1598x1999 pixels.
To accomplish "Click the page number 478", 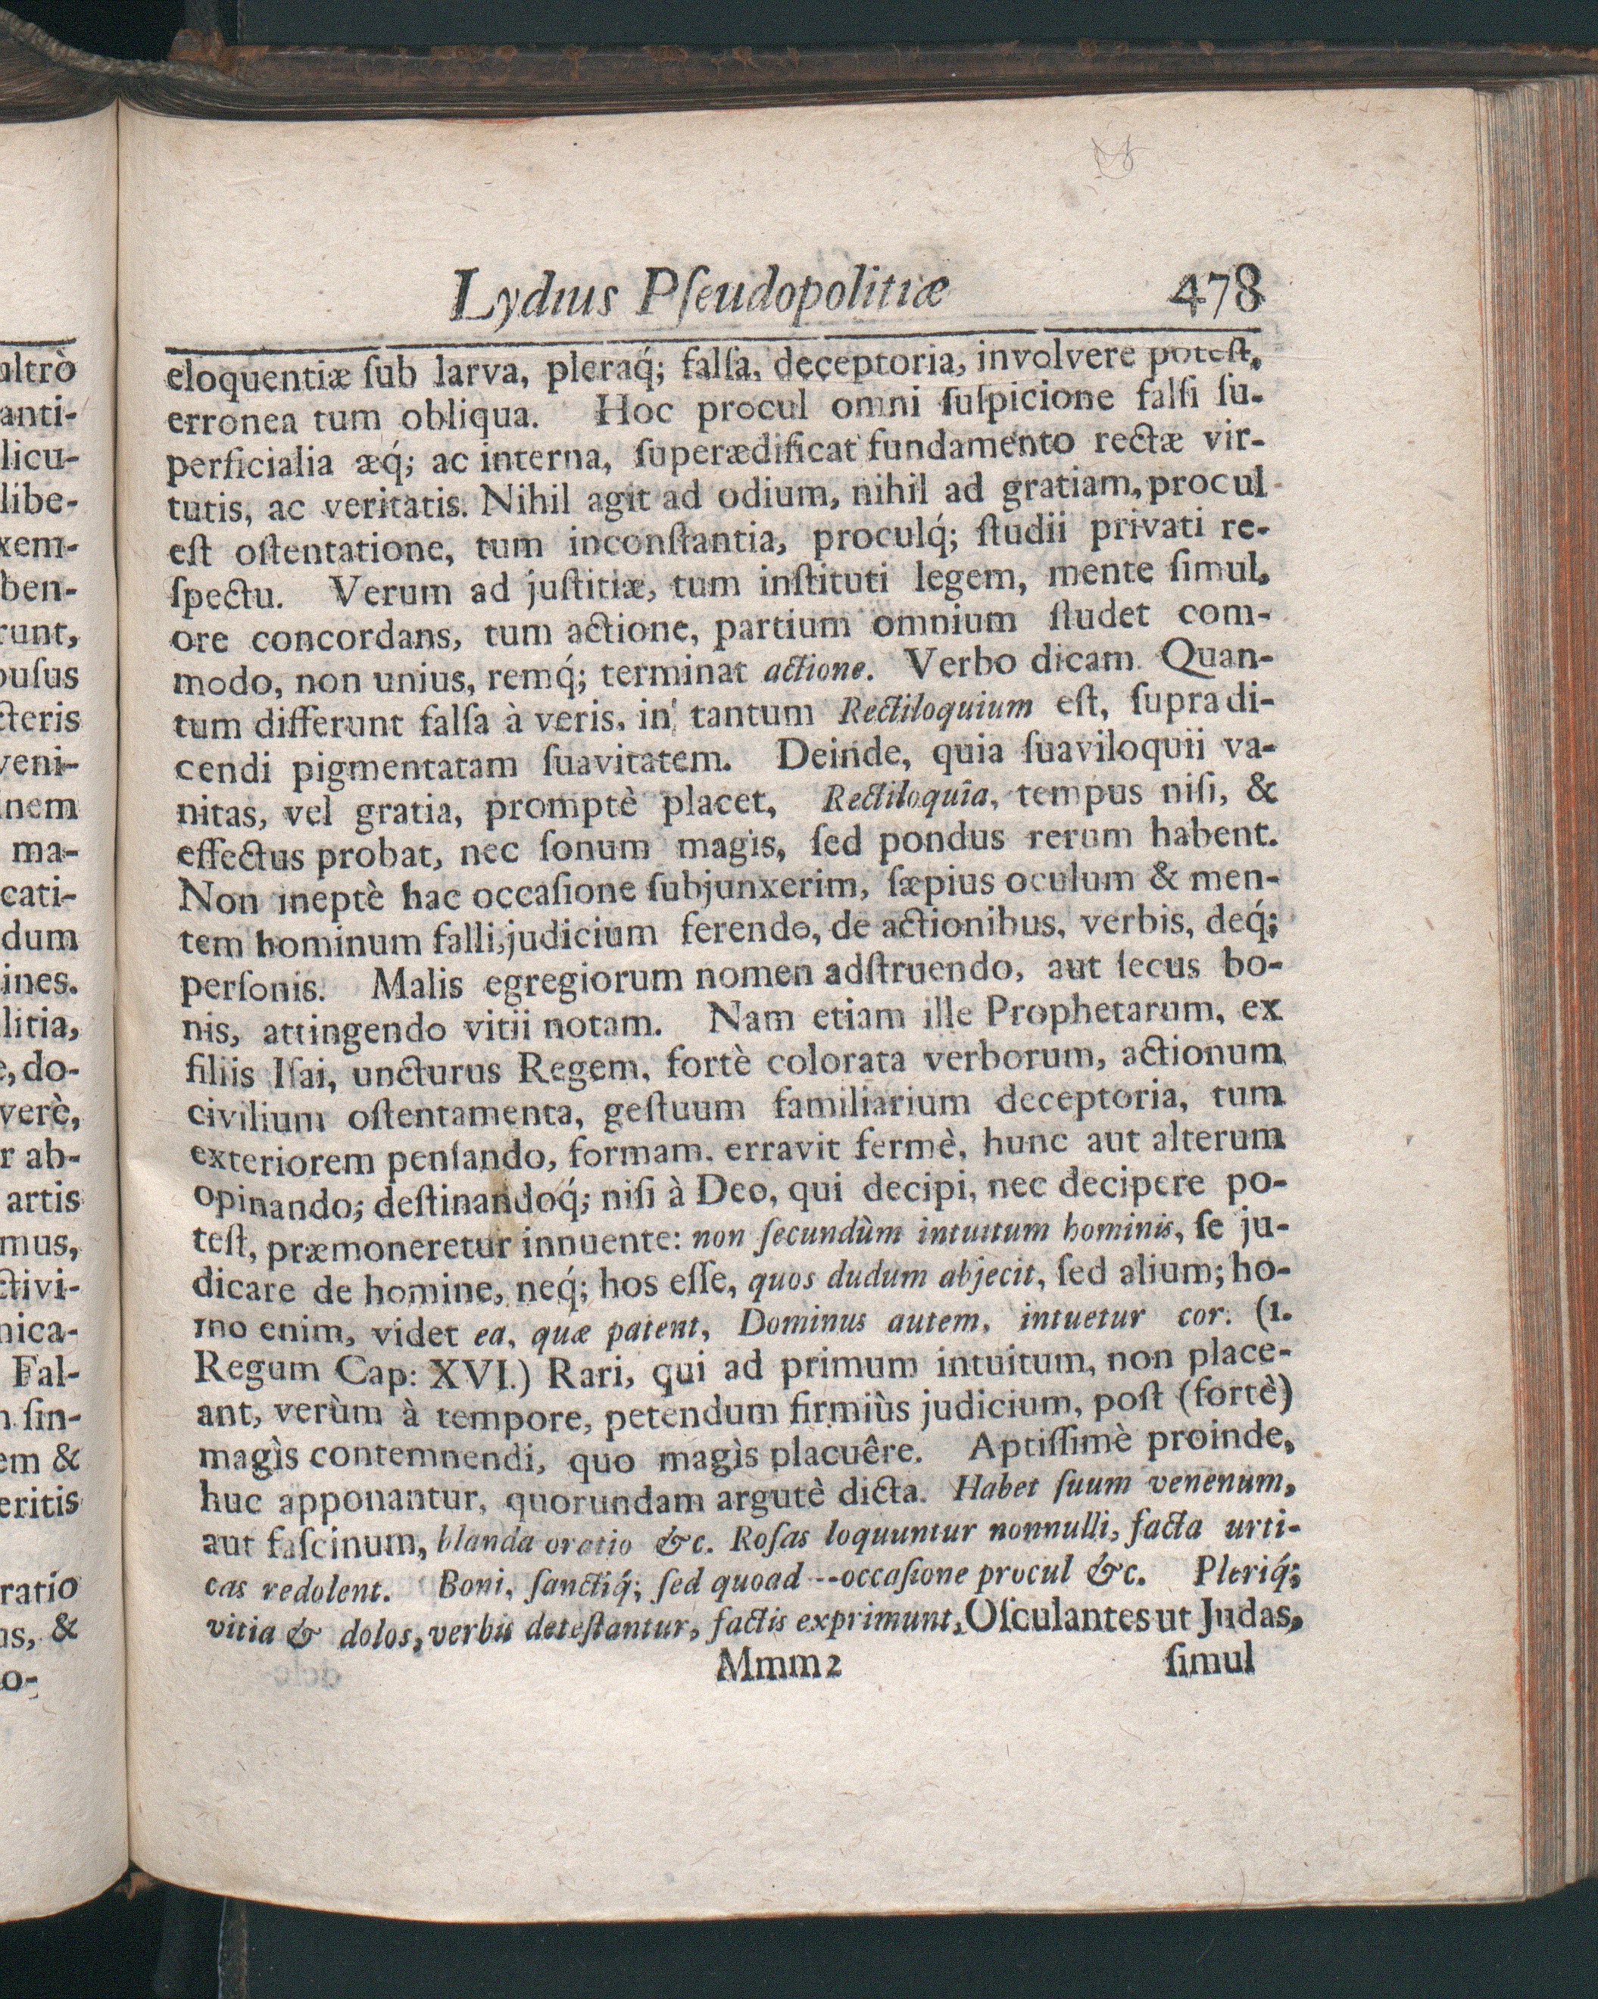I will coord(1216,294).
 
